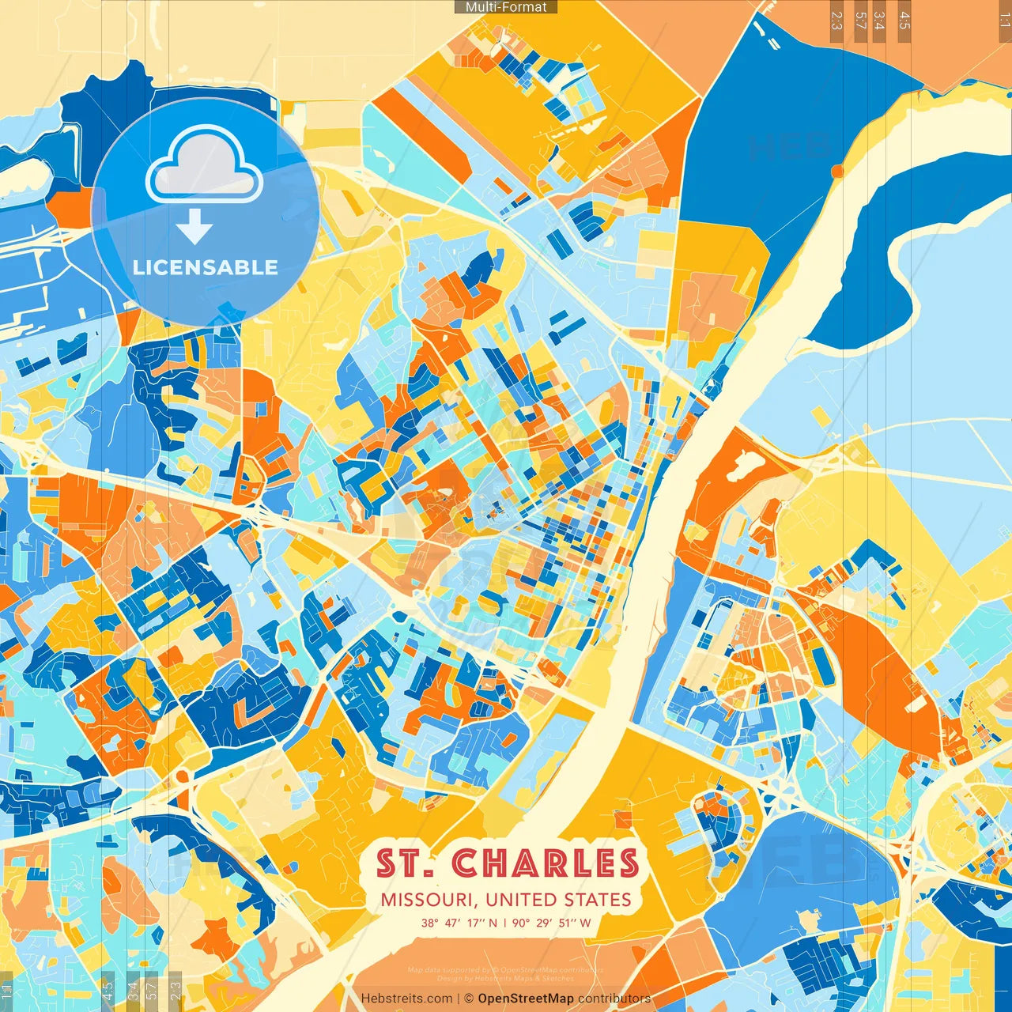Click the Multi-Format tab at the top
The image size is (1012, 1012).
(x=506, y=7)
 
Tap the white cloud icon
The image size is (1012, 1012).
(x=205, y=165)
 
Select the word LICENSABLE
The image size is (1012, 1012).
(x=205, y=267)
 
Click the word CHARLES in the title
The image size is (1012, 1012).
(x=546, y=863)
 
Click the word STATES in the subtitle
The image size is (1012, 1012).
(x=598, y=900)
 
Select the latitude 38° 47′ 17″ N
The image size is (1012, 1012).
(x=459, y=923)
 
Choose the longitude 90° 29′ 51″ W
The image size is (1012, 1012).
(x=552, y=923)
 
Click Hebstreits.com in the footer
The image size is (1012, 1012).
(x=406, y=999)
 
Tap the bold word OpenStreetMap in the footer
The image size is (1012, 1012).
(x=526, y=999)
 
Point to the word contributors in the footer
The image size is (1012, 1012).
(x=614, y=999)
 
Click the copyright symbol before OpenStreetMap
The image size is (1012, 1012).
(x=468, y=999)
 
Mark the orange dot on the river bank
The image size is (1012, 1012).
(x=837, y=171)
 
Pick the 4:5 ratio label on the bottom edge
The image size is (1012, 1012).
(x=108, y=988)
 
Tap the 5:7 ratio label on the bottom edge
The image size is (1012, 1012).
(x=151, y=988)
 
